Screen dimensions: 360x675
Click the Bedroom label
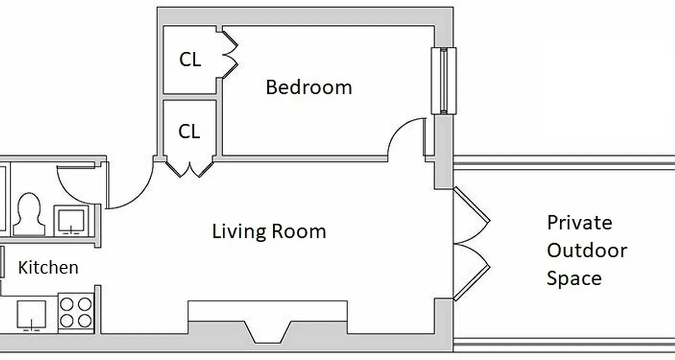(x=309, y=87)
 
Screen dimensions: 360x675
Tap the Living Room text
(x=269, y=231)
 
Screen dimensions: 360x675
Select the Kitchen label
(x=48, y=267)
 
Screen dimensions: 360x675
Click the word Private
(x=580, y=223)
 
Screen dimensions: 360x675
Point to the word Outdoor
(x=587, y=251)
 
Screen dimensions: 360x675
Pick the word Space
(x=574, y=278)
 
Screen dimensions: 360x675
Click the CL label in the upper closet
(x=190, y=60)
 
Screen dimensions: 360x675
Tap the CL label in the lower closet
(x=189, y=132)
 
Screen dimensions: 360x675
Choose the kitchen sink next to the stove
(x=31, y=315)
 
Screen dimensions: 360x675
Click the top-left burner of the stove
(x=67, y=305)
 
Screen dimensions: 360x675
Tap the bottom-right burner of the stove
(x=85, y=320)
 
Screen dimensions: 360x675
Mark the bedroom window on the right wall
(x=444, y=81)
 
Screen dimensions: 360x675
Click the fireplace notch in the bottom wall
(x=268, y=332)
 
